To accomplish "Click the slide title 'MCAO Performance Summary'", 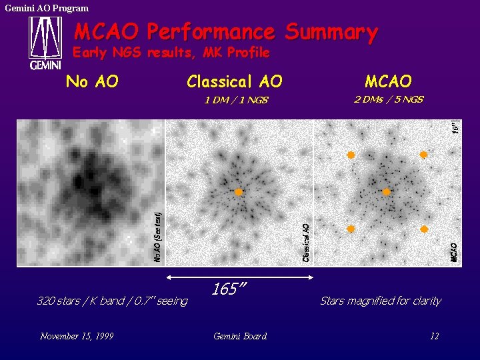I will pyautogui.click(x=225, y=31).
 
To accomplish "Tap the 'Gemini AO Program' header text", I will pyautogui.click(x=47, y=8).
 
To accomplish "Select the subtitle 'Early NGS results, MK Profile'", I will pyautogui.click(x=171, y=52).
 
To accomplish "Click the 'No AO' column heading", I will pyautogui.click(x=92, y=82).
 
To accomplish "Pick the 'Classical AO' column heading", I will pyautogui.click(x=234, y=82).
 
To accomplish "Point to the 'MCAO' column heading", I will pyautogui.click(x=388, y=82).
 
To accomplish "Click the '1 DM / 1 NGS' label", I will pyautogui.click(x=235, y=100).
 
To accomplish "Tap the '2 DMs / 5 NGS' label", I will pyautogui.click(x=388, y=99).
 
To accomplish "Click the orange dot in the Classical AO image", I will pyautogui.click(x=239, y=192).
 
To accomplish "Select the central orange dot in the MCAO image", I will pyautogui.click(x=386, y=192).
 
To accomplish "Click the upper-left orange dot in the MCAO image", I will pyautogui.click(x=351, y=155).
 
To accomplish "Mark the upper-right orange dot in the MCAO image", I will pyautogui.click(x=423, y=155).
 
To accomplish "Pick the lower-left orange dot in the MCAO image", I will pyautogui.click(x=351, y=229).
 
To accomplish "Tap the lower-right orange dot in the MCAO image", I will pyautogui.click(x=423, y=229).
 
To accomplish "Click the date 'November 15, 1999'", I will pyautogui.click(x=76, y=336).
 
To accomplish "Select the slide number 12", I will pyautogui.click(x=434, y=336).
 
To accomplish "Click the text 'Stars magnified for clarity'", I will pyautogui.click(x=380, y=301).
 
